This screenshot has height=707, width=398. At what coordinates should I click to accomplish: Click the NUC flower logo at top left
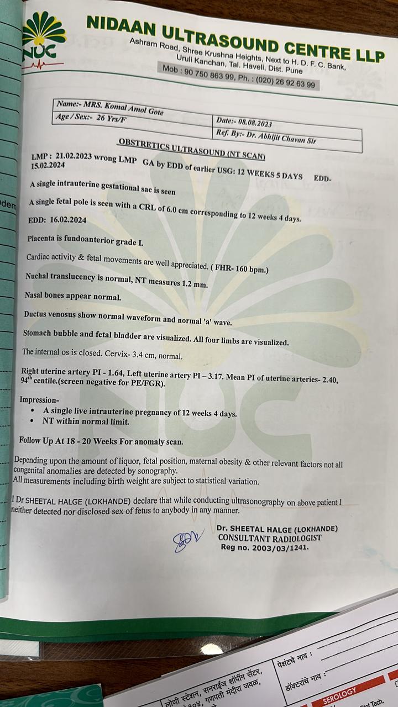coord(43,39)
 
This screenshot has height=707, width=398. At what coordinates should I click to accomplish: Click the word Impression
coord(39,399)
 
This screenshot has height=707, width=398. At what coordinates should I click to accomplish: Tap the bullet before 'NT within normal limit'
coord(33,421)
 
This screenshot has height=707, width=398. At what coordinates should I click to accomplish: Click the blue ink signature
coord(187,539)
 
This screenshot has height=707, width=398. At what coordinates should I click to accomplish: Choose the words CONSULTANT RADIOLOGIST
coord(269,537)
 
